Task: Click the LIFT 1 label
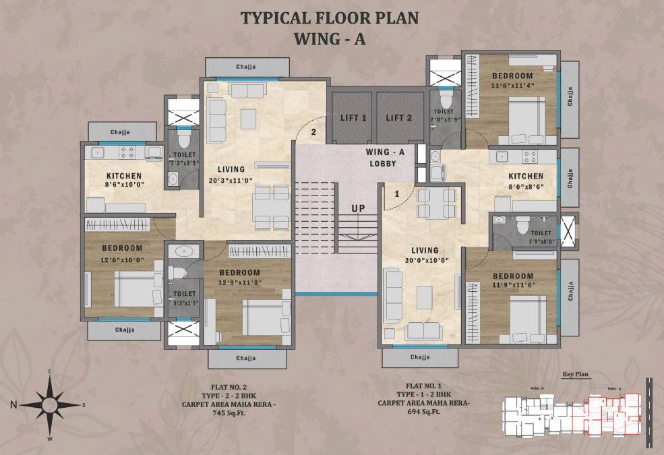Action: pyautogui.click(x=353, y=118)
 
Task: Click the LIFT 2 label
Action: pyautogui.click(x=399, y=118)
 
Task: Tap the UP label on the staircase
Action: pyautogui.click(x=358, y=208)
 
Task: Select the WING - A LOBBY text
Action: pyautogui.click(x=382, y=158)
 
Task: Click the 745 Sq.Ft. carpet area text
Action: pyautogui.click(x=227, y=414)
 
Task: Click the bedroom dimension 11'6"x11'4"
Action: pyautogui.click(x=512, y=86)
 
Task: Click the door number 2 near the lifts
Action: pyautogui.click(x=313, y=132)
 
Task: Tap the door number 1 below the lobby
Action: pyautogui.click(x=397, y=194)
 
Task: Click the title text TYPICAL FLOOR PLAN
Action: pyautogui.click(x=330, y=18)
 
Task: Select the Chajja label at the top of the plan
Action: pyautogui.click(x=247, y=67)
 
